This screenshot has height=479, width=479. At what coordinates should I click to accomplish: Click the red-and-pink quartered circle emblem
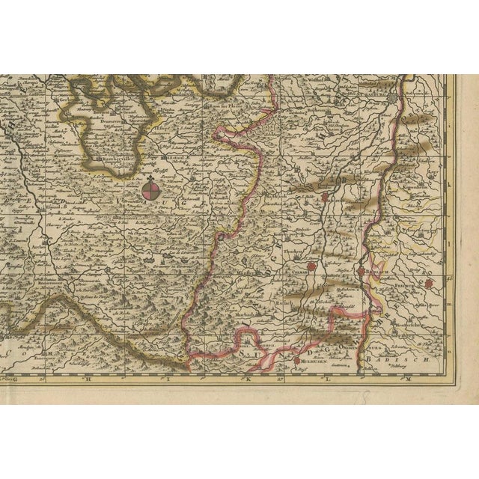pos(151,192)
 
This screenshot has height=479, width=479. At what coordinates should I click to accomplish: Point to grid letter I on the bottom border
pos(169,379)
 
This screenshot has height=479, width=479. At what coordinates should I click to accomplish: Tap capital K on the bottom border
pos(245,379)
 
